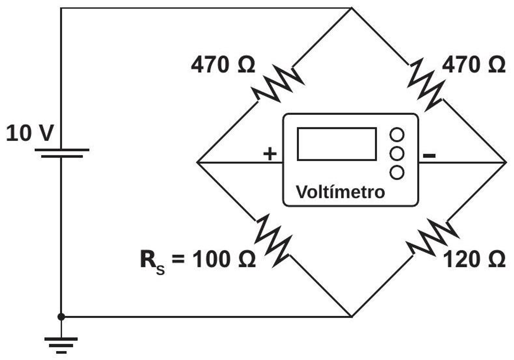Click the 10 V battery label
[x=30, y=133]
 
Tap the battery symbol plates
[x=62, y=153]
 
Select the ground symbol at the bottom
[x=61, y=345]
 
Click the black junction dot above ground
[x=61, y=317]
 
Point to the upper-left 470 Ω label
[x=223, y=65]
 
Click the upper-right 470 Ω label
[x=474, y=65]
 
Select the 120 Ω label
[x=474, y=259]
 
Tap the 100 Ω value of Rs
[x=224, y=259]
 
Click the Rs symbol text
[x=152, y=262]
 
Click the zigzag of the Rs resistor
[x=273, y=240]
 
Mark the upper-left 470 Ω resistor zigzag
[x=278, y=84]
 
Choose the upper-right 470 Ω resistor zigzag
[x=426, y=85]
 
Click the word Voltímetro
[x=340, y=192]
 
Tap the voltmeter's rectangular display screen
[x=337, y=144]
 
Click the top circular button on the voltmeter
[x=397, y=135]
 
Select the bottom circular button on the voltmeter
[x=397, y=172]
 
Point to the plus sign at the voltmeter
[x=270, y=153]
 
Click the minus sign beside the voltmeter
[x=429, y=156]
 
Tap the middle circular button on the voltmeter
[x=397, y=153]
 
